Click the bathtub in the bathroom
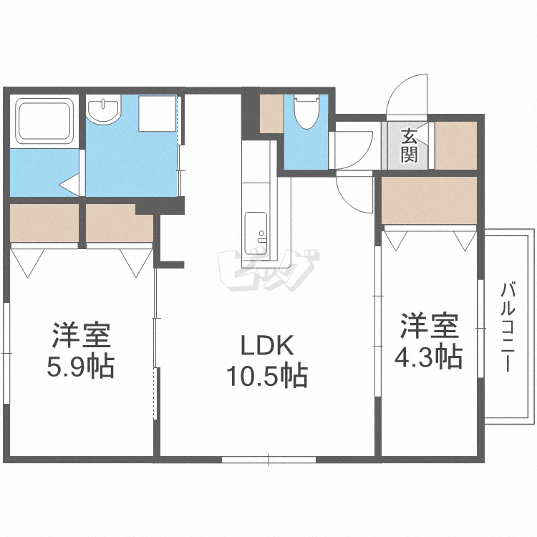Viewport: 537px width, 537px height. (44, 121)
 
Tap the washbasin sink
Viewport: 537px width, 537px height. (105, 110)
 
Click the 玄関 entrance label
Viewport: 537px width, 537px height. (409, 146)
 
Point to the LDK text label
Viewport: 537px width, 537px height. (266, 347)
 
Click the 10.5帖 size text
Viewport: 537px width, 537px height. (266, 374)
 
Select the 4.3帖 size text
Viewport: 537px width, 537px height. (428, 355)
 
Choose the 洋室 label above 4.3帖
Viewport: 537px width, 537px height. (428, 326)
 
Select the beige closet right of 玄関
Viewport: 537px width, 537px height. (455, 146)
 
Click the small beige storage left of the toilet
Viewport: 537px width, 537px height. (271, 113)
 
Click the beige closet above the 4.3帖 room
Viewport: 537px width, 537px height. (429, 200)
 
